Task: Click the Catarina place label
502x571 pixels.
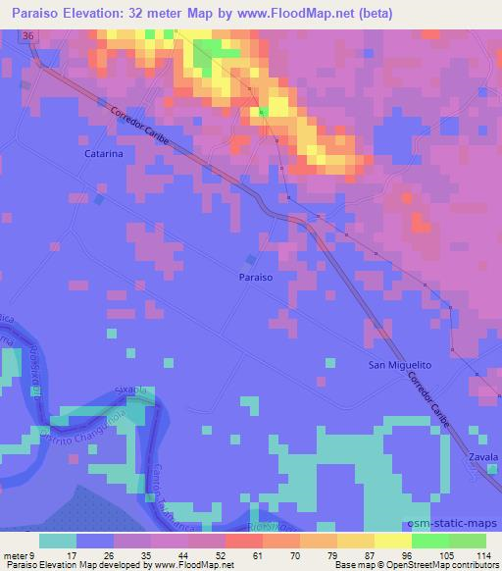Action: click(x=103, y=154)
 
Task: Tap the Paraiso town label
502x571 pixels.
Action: click(x=255, y=278)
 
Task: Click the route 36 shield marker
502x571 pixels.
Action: click(x=29, y=34)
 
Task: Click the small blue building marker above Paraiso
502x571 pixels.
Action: click(x=251, y=259)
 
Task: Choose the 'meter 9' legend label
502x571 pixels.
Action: click(x=17, y=553)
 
